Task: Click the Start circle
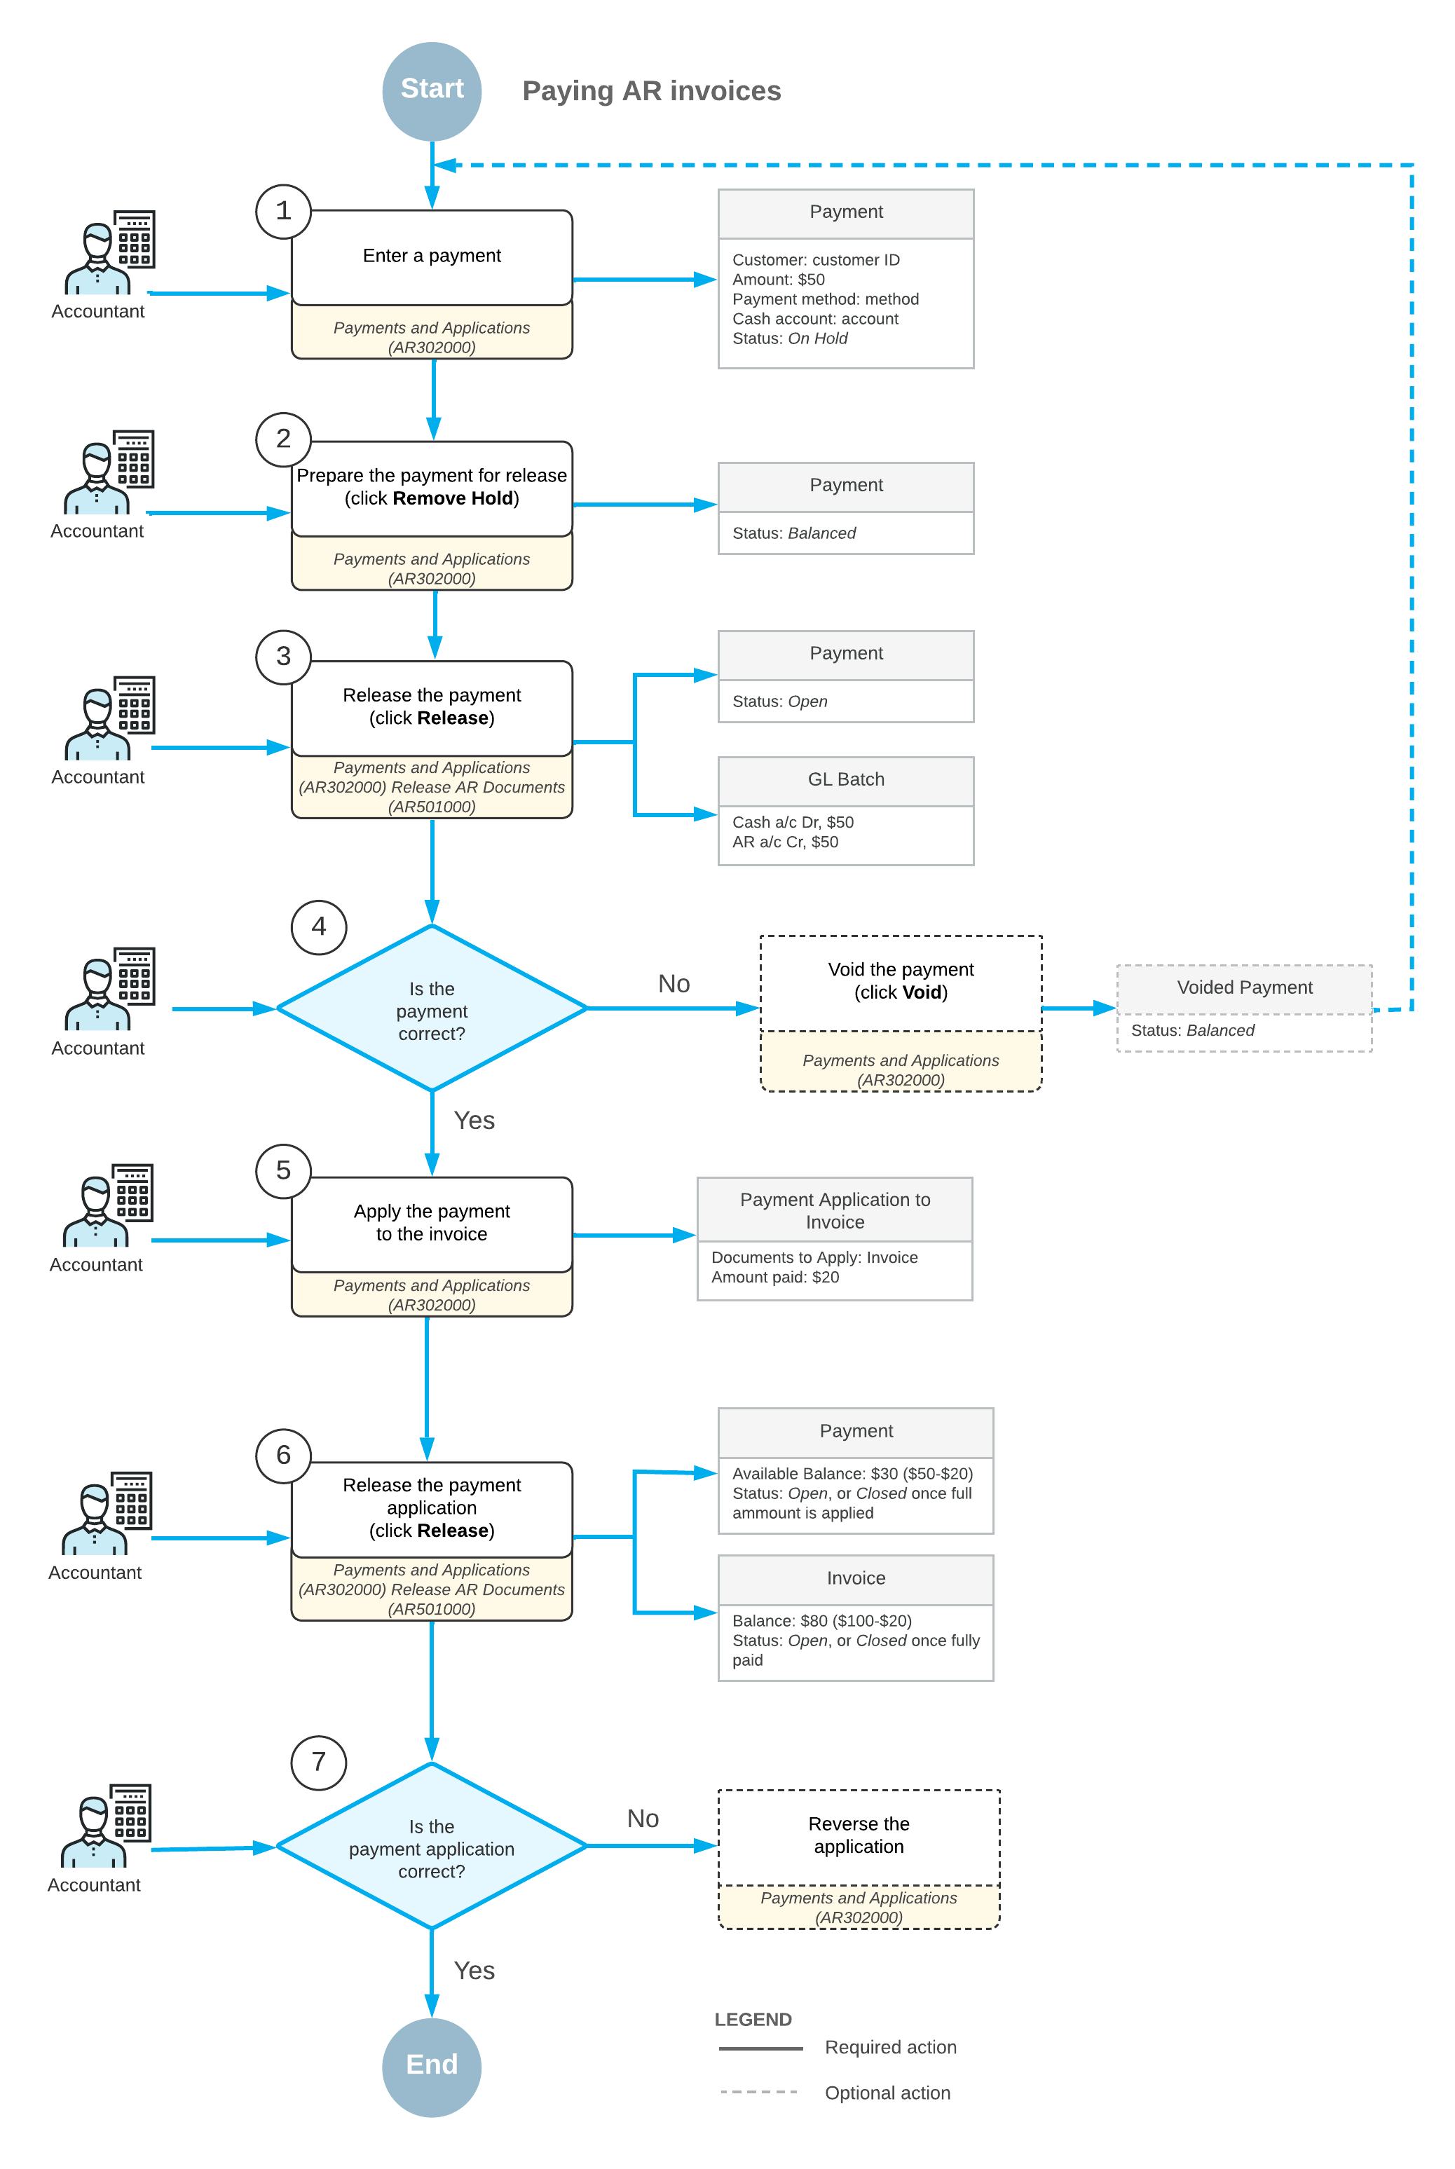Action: point(432,91)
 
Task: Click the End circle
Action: point(432,2066)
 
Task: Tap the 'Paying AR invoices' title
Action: point(651,91)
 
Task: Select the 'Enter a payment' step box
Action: point(432,257)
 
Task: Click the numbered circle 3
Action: point(283,657)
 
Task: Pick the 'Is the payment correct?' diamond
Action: point(432,1008)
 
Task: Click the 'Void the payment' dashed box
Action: point(901,1013)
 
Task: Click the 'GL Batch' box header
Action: point(846,780)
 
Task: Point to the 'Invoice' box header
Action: point(856,1579)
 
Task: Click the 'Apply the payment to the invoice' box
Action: point(432,1224)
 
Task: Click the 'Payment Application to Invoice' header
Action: point(835,1211)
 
